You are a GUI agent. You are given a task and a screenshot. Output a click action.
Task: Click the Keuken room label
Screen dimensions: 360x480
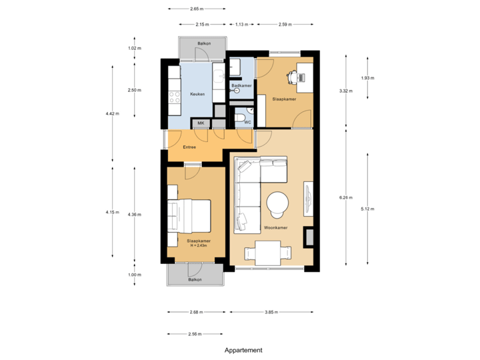(x=197, y=94)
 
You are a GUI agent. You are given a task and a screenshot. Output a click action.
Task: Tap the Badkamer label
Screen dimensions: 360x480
(x=241, y=87)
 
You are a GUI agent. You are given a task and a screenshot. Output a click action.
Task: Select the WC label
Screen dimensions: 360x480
(x=247, y=122)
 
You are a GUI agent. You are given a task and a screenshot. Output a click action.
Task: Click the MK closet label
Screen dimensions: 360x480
(x=200, y=123)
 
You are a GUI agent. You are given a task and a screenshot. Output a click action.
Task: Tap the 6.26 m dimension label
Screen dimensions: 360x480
(x=346, y=197)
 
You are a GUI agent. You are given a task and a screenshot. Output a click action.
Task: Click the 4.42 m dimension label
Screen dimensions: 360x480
(x=112, y=114)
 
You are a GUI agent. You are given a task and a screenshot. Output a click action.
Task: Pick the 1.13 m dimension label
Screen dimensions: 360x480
(x=241, y=25)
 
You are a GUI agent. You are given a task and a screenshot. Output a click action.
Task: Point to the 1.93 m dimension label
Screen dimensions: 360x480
(x=367, y=78)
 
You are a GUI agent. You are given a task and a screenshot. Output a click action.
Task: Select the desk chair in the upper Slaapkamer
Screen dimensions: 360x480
(x=293, y=77)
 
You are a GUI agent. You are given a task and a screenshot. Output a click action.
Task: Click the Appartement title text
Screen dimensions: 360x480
(x=243, y=349)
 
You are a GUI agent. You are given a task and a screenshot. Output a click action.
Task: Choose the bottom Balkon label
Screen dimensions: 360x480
(x=195, y=280)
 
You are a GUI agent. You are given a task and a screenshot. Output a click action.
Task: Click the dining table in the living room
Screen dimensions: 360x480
(x=268, y=253)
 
